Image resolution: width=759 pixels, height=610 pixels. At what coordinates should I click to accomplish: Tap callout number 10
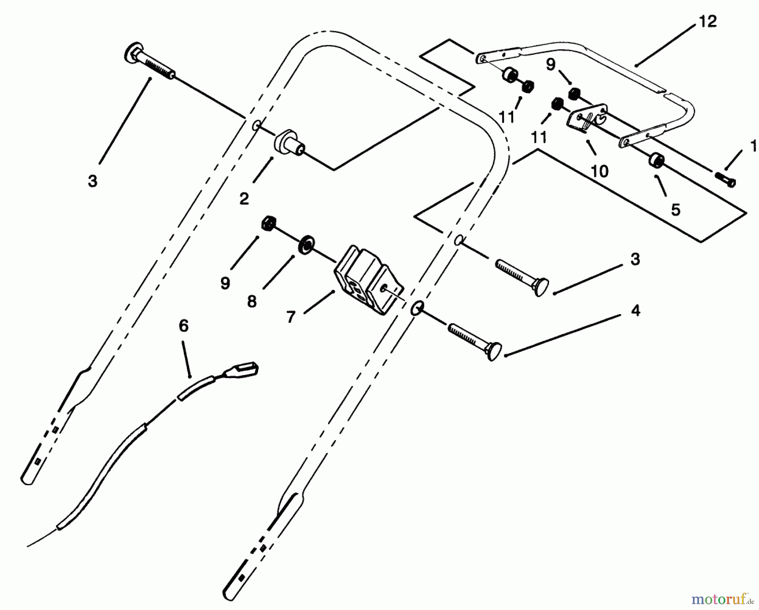point(600,171)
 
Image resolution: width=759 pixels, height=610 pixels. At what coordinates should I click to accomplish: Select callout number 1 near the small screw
point(754,146)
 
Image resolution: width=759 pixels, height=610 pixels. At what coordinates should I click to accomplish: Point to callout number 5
point(676,210)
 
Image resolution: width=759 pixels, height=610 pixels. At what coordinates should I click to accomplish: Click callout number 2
point(244,199)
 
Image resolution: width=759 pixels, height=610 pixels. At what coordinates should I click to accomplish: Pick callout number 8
point(252,302)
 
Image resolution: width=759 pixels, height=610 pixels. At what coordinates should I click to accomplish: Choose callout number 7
point(291,317)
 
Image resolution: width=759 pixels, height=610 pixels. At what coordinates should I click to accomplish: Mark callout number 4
point(635,311)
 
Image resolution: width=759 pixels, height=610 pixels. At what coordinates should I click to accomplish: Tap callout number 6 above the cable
point(183,326)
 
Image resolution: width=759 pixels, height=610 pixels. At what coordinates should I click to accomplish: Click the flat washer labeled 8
point(307,245)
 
